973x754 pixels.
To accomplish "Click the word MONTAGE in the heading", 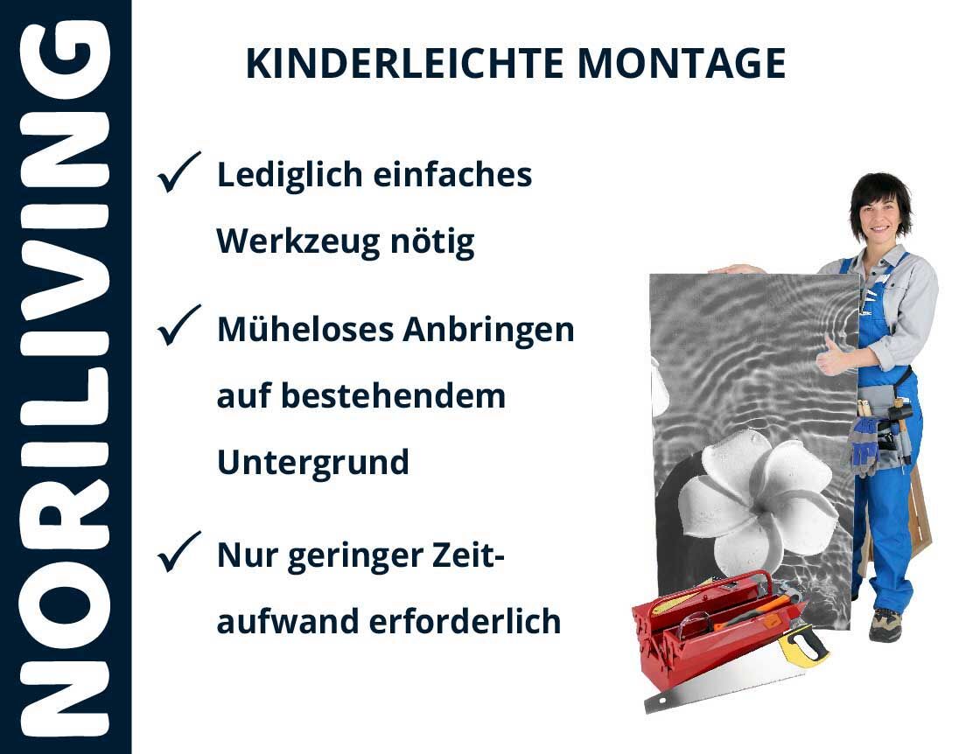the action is (682, 63).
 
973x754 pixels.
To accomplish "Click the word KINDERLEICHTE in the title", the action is (404, 63).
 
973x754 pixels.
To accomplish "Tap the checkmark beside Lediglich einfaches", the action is (178, 172).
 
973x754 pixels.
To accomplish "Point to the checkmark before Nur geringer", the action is (178, 551).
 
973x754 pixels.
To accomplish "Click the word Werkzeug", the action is (297, 242).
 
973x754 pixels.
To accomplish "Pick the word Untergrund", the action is (312, 463).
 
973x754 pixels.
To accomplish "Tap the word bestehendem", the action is (394, 396).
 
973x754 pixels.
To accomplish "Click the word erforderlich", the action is (465, 621).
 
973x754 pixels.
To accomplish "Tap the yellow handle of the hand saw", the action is (803, 646).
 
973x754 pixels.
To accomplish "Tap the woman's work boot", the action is (885, 625).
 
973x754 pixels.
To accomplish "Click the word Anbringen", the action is (489, 330).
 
